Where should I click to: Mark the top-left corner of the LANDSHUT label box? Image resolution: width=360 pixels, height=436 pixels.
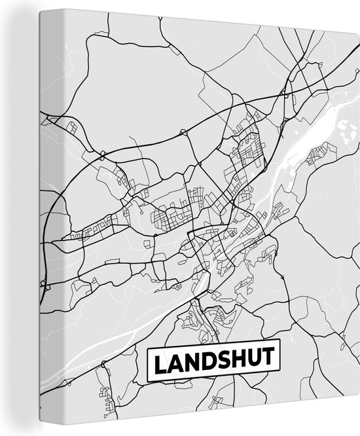point(147,347)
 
